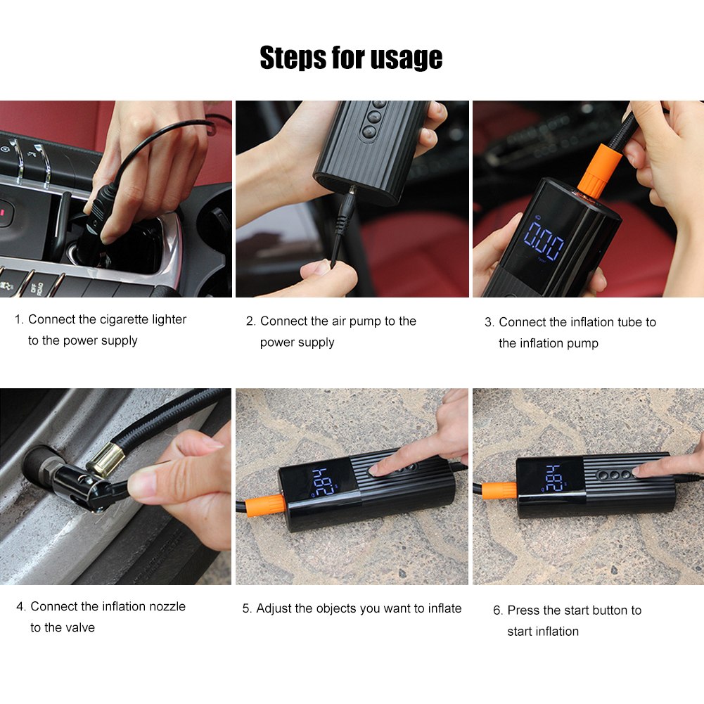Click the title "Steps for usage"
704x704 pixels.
pyautogui.click(x=351, y=58)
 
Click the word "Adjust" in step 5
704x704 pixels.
pyautogui.click(x=274, y=609)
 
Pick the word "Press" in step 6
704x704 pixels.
pyautogui.click(x=523, y=610)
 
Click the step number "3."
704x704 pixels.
pyautogui.click(x=489, y=322)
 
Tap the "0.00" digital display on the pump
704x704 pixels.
pyautogui.click(x=544, y=241)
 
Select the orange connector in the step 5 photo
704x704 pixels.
pyautogui.click(x=265, y=505)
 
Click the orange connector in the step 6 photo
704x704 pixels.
pyautogui.click(x=499, y=490)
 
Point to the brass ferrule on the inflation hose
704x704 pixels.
pyautogui.click(x=106, y=459)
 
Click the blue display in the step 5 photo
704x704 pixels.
pyautogui.click(x=324, y=482)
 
